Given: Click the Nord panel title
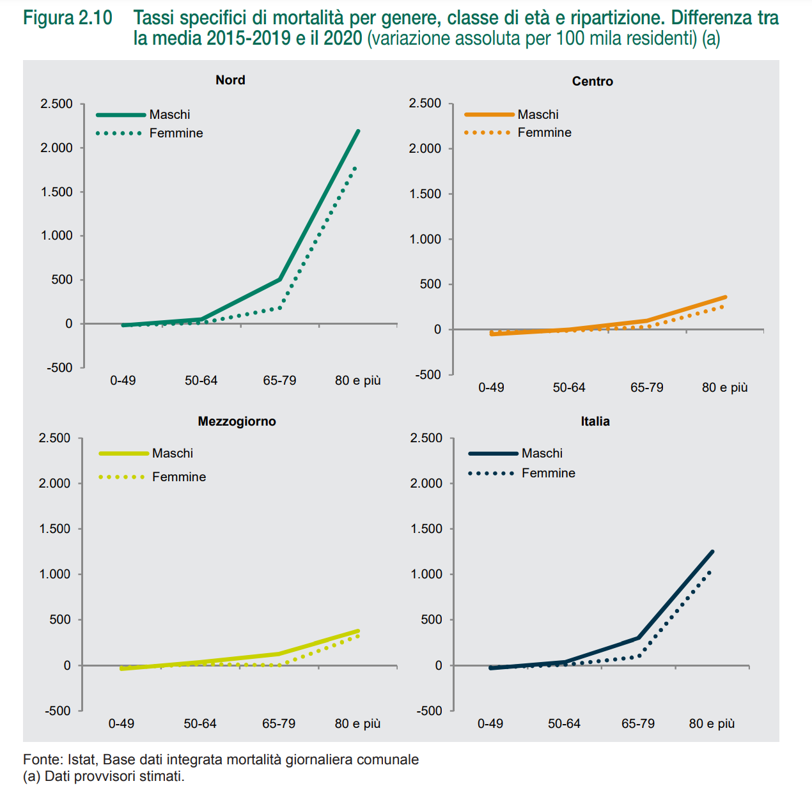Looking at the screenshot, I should [x=230, y=80].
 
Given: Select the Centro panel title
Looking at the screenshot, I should [x=592, y=81].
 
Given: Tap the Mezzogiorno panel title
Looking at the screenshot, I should [x=237, y=421].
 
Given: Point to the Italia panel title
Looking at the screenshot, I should [x=595, y=421].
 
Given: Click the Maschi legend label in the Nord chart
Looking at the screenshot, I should [x=169, y=114].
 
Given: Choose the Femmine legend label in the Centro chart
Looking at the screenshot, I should [x=544, y=132].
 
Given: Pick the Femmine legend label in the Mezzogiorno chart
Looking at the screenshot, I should [x=179, y=477].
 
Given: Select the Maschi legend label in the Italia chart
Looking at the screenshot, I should [x=542, y=453].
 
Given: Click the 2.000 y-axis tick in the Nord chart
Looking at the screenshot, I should [x=57, y=148].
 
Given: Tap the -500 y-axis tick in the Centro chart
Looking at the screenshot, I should [x=428, y=374].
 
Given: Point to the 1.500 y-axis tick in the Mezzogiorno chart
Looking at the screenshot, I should [x=54, y=529].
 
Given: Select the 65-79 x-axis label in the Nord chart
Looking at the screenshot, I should [x=279, y=380].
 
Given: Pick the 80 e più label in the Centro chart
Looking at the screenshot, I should [x=724, y=387].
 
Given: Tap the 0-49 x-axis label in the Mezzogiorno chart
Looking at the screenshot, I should [x=121, y=723].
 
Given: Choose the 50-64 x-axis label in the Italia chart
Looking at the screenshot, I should [x=564, y=723].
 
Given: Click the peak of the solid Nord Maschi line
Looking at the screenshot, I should [x=358, y=131].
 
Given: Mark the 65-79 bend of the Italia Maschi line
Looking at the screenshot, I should [x=638, y=637].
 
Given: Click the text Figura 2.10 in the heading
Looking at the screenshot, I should [x=68, y=18].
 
